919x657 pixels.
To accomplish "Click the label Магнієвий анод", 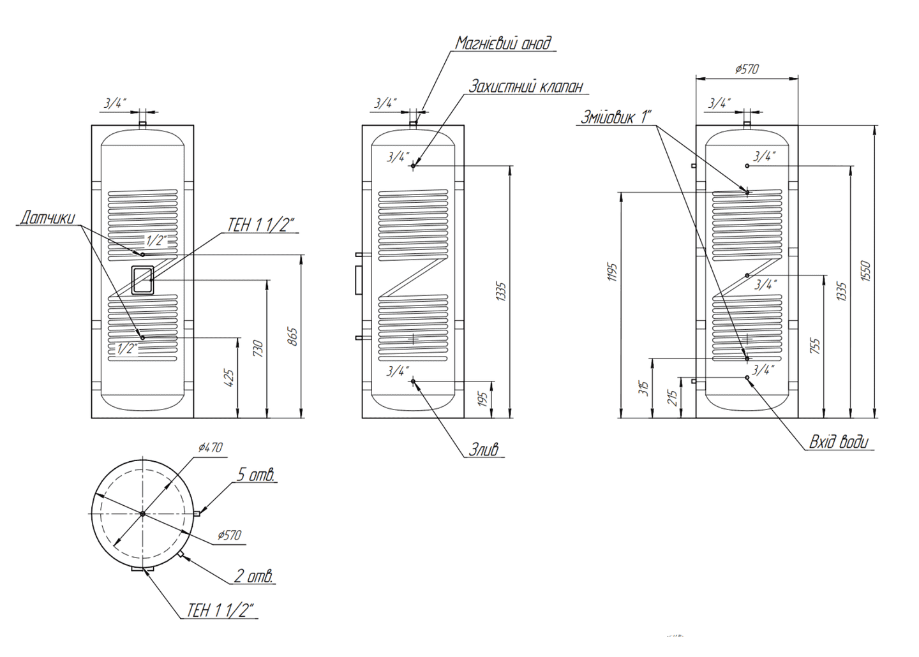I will pyautogui.click(x=503, y=43).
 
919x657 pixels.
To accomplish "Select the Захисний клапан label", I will pyautogui.click(x=526, y=86).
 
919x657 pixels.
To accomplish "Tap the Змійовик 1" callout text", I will pyautogui.click(x=616, y=117).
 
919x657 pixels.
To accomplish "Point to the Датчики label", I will pyautogui.click(x=47, y=218).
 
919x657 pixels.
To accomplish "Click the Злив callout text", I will pyautogui.click(x=484, y=450).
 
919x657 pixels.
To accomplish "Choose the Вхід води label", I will pyautogui.click(x=839, y=442).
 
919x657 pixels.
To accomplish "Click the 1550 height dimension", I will pyautogui.click(x=865, y=272).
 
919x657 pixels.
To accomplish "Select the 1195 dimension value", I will pyautogui.click(x=613, y=272).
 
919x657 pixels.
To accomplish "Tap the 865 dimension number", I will pyautogui.click(x=292, y=336).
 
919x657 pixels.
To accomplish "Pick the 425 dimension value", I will pyautogui.click(x=230, y=377).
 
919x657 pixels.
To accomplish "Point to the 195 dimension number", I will pyautogui.click(x=482, y=399).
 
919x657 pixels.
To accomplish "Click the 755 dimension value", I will pyautogui.click(x=814, y=346).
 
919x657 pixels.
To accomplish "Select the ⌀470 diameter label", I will pyautogui.click(x=210, y=448).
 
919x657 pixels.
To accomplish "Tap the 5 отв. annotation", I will pyautogui.click(x=257, y=475).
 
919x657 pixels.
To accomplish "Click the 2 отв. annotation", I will pyautogui.click(x=254, y=577).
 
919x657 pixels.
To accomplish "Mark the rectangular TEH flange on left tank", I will pyautogui.click(x=142, y=279).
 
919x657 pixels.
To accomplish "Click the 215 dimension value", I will pyautogui.click(x=672, y=399).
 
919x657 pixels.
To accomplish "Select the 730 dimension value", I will pyautogui.click(x=258, y=348).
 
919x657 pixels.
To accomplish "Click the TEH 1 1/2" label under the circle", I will pyautogui.click(x=220, y=610).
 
